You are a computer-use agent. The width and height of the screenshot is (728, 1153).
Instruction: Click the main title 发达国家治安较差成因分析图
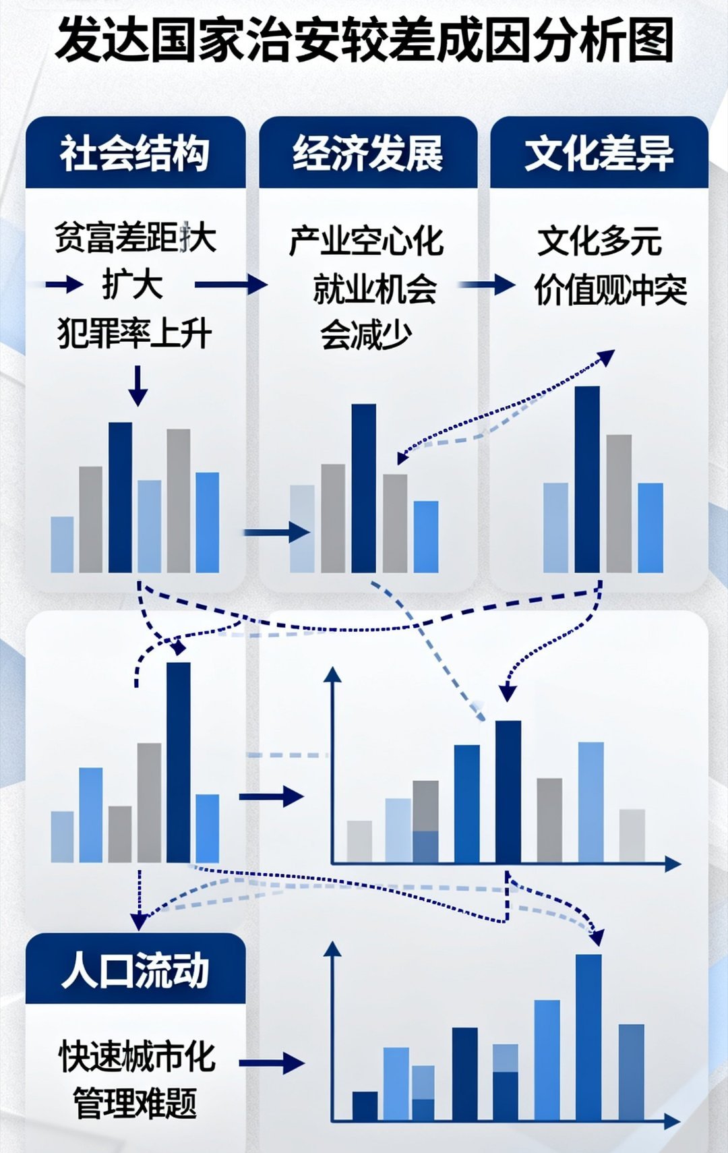pyautogui.click(x=364, y=40)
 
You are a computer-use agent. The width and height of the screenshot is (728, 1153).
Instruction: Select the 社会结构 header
pyautogui.click(x=135, y=153)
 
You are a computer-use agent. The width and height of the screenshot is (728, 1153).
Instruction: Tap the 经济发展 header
pyautogui.click(x=367, y=153)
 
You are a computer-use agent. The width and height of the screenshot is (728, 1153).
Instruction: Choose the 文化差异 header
pyautogui.click(x=599, y=153)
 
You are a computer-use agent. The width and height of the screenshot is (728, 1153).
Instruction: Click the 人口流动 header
pyautogui.click(x=135, y=971)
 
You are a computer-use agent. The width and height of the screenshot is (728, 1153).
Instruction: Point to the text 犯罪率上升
pyautogui.click(x=135, y=333)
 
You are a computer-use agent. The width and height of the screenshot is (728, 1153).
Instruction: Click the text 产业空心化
pyautogui.click(x=367, y=241)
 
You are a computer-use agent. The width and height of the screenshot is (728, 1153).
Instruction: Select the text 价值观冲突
pyautogui.click(x=610, y=291)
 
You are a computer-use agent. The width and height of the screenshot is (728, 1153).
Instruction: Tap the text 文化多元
pyautogui.click(x=599, y=241)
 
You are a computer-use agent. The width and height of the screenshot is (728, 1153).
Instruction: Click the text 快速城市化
pyautogui.click(x=138, y=1056)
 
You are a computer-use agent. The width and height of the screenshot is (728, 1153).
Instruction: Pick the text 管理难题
pyautogui.click(x=135, y=1103)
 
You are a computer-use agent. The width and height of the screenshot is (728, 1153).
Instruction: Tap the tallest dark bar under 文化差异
pyautogui.click(x=587, y=479)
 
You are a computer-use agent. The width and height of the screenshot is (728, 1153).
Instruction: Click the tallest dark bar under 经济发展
pyautogui.click(x=364, y=487)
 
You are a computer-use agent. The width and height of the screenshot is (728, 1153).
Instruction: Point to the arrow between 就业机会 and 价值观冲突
pyautogui.click(x=487, y=285)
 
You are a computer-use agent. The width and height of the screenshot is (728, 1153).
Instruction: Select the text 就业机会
pyautogui.click(x=375, y=289)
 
